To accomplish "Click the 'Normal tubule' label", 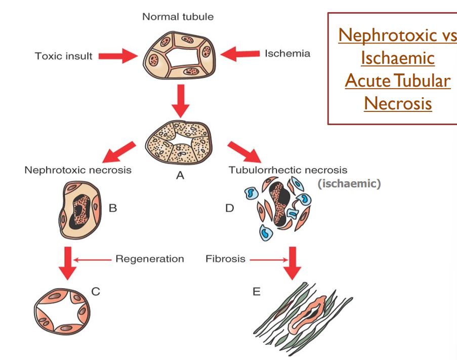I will click(x=178, y=17).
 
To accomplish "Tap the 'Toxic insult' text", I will click(x=63, y=56).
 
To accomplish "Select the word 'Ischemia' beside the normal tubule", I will click(x=287, y=53).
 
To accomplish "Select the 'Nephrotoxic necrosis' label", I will click(x=78, y=170).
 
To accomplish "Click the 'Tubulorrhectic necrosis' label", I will click(x=287, y=170).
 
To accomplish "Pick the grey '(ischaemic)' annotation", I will click(x=349, y=183).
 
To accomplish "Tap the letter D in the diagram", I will click(x=230, y=208).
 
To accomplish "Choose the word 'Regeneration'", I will click(x=149, y=259).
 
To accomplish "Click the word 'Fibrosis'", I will click(x=225, y=259).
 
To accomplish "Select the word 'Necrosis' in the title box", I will click(x=398, y=103).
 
